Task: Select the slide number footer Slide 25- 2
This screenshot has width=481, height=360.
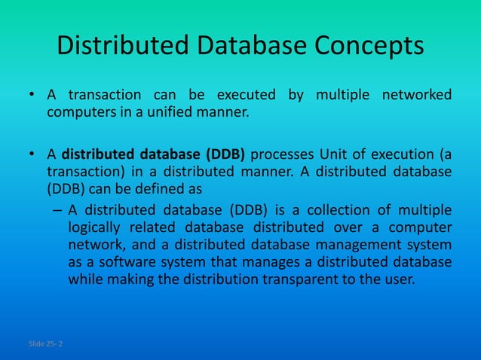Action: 46,344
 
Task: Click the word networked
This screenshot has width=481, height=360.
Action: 417,95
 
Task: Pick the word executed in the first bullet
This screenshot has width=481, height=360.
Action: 245,95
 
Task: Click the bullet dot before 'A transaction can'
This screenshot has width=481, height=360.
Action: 32,96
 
